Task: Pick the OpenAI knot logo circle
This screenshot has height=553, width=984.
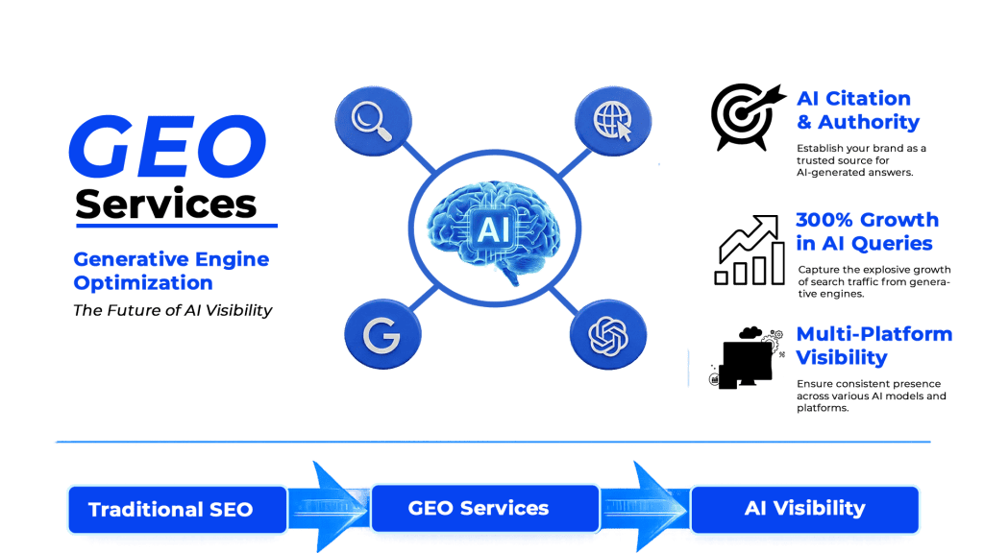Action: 607,335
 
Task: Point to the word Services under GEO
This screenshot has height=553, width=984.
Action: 166,204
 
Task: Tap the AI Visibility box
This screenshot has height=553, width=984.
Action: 804,508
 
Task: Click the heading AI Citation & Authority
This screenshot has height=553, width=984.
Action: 857,110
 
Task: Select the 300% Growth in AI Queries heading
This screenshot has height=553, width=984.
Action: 866,231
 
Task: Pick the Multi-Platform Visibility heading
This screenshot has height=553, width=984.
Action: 873,346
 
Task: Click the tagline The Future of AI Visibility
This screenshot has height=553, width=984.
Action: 173,310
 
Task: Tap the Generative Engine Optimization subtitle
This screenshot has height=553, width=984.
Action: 171,271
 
